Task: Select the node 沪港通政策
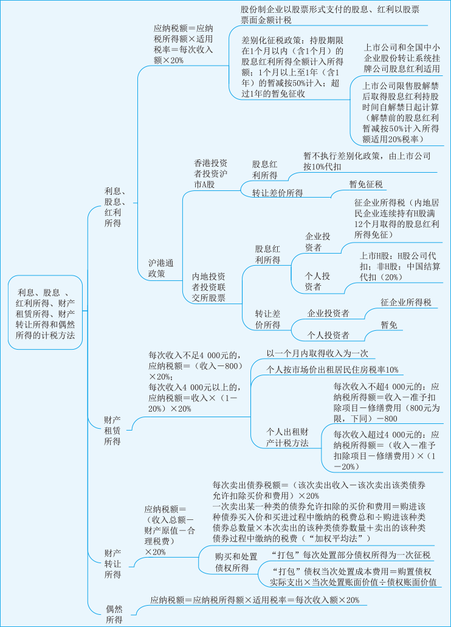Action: pos(161,268)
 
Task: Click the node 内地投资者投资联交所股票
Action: pos(208,287)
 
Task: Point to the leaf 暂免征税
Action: pos(366,184)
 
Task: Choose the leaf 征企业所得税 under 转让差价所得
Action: pos(406,302)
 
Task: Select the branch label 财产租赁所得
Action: pos(112,431)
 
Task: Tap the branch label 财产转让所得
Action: pos(112,563)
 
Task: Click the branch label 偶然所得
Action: pos(114,614)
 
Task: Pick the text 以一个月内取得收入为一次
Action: pos(317,353)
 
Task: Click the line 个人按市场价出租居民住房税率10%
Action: pos(332,369)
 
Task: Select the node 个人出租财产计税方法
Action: pos(287,437)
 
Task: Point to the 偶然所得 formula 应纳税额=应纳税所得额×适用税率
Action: pos(255,600)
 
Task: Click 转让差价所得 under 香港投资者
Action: pos(278,193)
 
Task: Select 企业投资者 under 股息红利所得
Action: pos(318,242)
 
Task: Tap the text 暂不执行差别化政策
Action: pos(367,161)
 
